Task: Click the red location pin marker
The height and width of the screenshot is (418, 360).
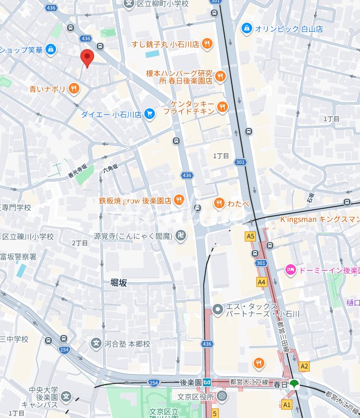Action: pos(87,58)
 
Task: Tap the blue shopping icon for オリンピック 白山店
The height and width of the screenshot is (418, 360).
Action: pos(246,28)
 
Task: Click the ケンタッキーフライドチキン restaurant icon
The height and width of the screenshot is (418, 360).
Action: pos(223,107)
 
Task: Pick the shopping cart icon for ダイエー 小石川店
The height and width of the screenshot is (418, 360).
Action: pos(150,114)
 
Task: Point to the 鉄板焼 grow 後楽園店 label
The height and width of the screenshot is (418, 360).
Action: pos(135,200)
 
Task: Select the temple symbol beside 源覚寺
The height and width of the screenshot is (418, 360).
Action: pos(181,236)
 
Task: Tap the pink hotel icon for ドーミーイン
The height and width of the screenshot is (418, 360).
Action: pos(290,270)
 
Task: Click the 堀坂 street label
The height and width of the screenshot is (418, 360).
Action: pos(118,283)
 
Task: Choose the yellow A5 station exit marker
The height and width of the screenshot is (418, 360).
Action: pos(251,236)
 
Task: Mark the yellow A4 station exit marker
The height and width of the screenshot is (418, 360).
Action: pos(261,282)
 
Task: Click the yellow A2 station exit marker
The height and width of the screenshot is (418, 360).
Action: pos(304,366)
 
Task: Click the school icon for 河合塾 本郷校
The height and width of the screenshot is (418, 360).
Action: pos(96,344)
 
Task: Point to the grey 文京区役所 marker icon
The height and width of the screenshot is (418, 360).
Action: pos(221,396)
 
